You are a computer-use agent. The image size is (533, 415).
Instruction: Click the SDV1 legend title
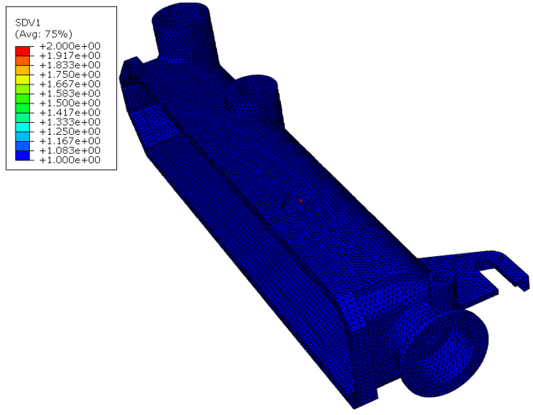(28, 23)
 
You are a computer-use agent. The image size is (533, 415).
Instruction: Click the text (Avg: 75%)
(44, 34)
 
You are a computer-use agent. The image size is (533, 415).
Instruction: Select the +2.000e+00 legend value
(70, 46)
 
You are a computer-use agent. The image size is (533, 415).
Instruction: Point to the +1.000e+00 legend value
(70, 160)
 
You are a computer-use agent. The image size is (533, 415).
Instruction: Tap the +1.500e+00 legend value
(70, 103)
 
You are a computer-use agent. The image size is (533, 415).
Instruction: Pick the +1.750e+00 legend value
(70, 74)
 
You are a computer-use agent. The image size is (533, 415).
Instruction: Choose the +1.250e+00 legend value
(70, 132)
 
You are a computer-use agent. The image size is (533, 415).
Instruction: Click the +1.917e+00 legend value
(70, 56)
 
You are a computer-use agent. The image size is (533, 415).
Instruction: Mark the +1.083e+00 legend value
(70, 150)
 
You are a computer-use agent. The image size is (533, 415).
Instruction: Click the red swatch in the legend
(22, 51)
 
